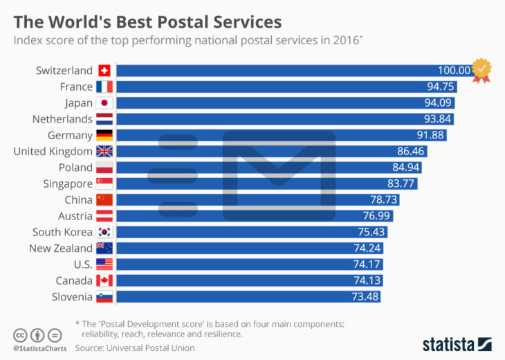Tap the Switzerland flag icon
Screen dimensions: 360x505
point(104,71)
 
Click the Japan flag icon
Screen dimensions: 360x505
point(104,102)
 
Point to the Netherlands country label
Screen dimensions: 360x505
point(62,118)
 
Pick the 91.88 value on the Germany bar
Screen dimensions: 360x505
point(431,135)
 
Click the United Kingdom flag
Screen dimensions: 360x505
point(104,151)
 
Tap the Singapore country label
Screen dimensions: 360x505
point(64,183)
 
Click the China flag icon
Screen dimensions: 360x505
point(104,199)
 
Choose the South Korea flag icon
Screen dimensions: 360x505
point(104,232)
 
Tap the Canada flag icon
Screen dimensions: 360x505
point(104,280)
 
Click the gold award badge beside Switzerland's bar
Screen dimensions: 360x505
point(481,70)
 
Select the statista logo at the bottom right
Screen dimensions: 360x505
point(457,344)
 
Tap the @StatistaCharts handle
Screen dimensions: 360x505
point(39,348)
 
